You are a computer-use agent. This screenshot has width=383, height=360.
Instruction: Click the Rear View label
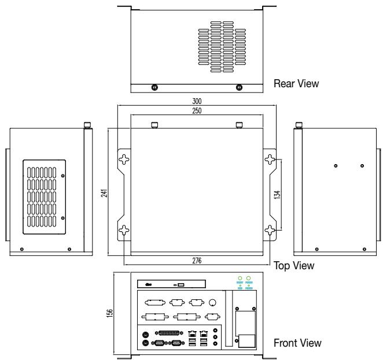296,84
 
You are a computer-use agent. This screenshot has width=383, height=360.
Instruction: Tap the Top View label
294,266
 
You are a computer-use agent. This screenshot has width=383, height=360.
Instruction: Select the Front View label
297,343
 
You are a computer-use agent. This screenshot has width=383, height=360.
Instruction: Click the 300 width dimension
197,101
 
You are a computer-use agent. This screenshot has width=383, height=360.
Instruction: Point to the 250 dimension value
197,111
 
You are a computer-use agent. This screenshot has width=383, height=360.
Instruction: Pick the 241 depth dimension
104,193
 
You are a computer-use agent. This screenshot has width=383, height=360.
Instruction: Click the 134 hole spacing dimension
277,195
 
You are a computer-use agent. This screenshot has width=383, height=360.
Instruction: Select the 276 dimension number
197,261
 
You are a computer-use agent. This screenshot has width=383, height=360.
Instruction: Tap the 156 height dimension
110,313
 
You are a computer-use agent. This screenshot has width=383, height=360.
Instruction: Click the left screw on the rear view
154,87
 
